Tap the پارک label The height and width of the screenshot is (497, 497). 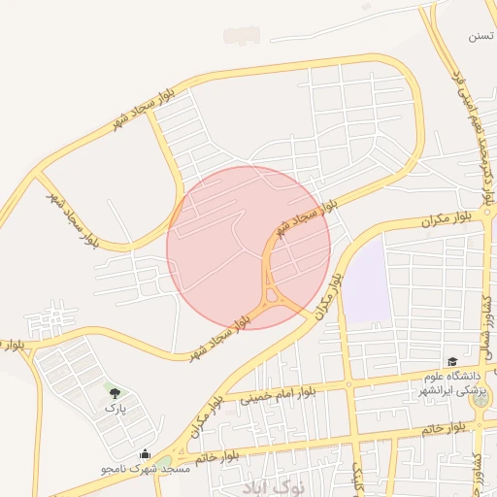116,409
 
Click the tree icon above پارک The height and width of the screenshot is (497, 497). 116,393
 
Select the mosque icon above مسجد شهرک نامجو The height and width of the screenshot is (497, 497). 146,453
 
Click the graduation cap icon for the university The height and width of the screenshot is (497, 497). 451,361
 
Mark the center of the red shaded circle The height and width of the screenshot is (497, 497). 248,248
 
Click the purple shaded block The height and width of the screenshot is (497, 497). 365,282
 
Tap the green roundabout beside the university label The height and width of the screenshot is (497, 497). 480,398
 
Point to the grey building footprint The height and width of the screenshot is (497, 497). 242,36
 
